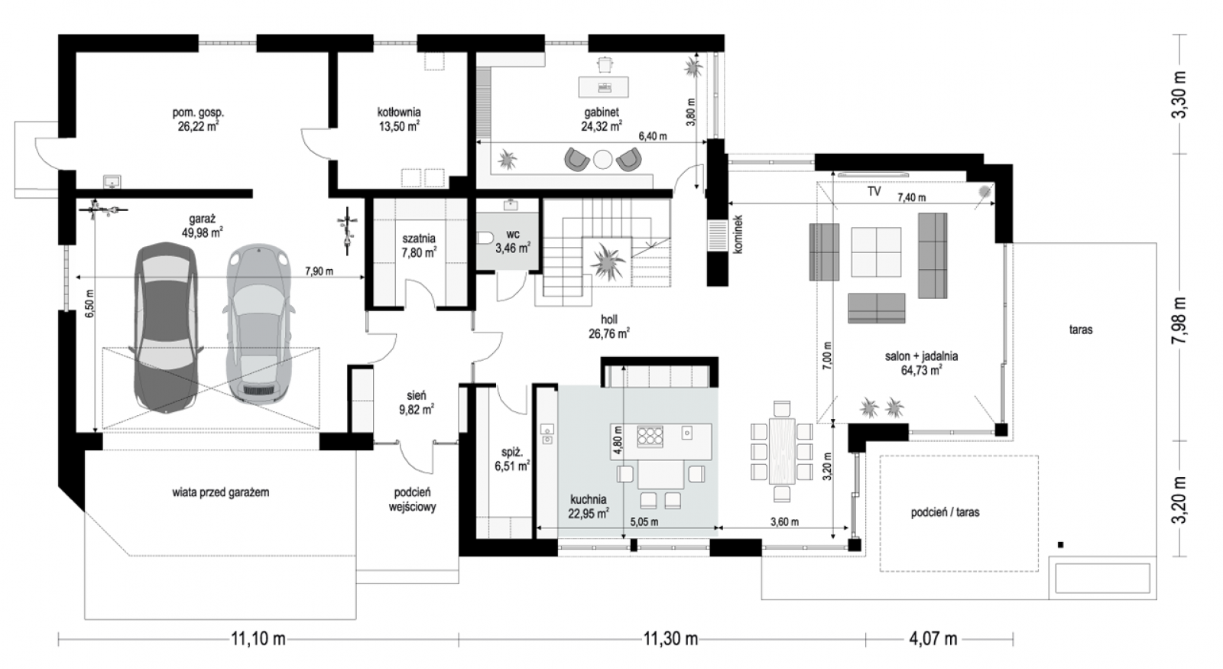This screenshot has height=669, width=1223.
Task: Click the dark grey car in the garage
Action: pyautogui.click(x=165, y=326)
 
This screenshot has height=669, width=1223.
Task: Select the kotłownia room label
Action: pyautogui.click(x=398, y=112)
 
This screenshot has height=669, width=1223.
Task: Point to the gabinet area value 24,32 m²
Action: pyautogui.click(x=601, y=126)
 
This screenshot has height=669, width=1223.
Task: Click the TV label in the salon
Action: pyautogui.click(x=874, y=191)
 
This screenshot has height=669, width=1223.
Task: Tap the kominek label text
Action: pyautogui.click(x=738, y=233)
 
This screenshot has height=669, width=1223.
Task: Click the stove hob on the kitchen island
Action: pyautogui.click(x=650, y=436)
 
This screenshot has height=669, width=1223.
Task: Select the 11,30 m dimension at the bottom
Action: pyautogui.click(x=670, y=638)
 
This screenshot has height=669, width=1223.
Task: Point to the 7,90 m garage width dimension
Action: pyautogui.click(x=319, y=271)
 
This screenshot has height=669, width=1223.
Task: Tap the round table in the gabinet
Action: pyautogui.click(x=603, y=159)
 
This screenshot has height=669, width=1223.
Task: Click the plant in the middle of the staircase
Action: pyautogui.click(x=607, y=261)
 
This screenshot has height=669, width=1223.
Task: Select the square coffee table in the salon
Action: pyautogui.click(x=876, y=252)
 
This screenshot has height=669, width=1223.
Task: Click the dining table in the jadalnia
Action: pyautogui.click(x=782, y=451)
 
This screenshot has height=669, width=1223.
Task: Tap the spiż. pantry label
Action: pyautogui.click(x=512, y=452)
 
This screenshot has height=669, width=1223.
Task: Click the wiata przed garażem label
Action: pyautogui.click(x=221, y=492)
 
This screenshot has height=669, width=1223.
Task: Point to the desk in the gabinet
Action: pyautogui.click(x=603, y=87)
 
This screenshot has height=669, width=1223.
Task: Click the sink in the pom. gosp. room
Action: pyautogui.click(x=112, y=181)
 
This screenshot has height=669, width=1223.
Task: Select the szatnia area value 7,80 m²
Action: pyautogui.click(x=419, y=252)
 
